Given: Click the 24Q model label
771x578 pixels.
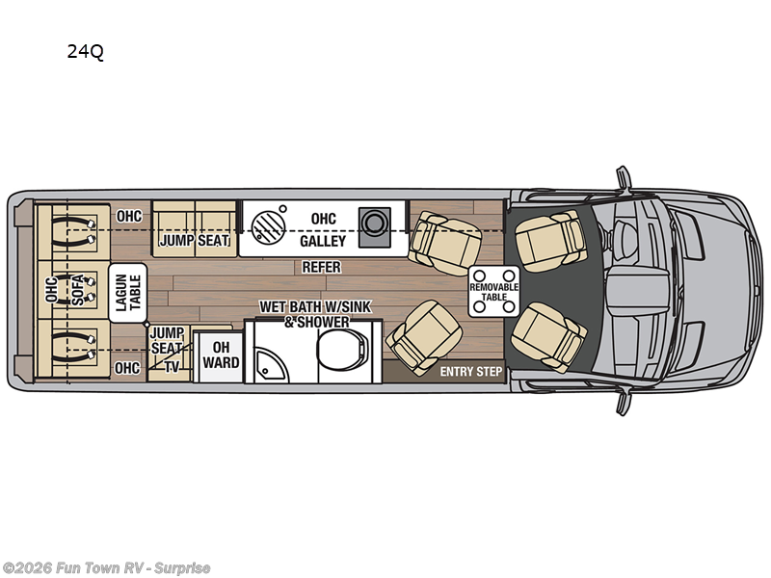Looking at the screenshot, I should tap(85, 52).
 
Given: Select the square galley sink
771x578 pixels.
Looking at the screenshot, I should tap(373, 223).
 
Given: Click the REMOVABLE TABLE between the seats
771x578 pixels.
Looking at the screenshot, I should tap(493, 288).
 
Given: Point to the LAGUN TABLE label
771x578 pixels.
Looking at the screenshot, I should tap(127, 290).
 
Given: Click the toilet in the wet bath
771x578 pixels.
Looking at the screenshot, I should tap(341, 351).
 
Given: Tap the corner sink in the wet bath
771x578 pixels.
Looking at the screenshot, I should tap(266, 364).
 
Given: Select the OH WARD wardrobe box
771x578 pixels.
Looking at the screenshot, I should tap(220, 355).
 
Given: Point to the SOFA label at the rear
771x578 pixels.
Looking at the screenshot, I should tap(78, 289).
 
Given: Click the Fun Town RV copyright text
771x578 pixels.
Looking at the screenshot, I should tap(107, 568).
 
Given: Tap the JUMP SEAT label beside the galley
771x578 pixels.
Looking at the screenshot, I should tap(195, 240).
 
